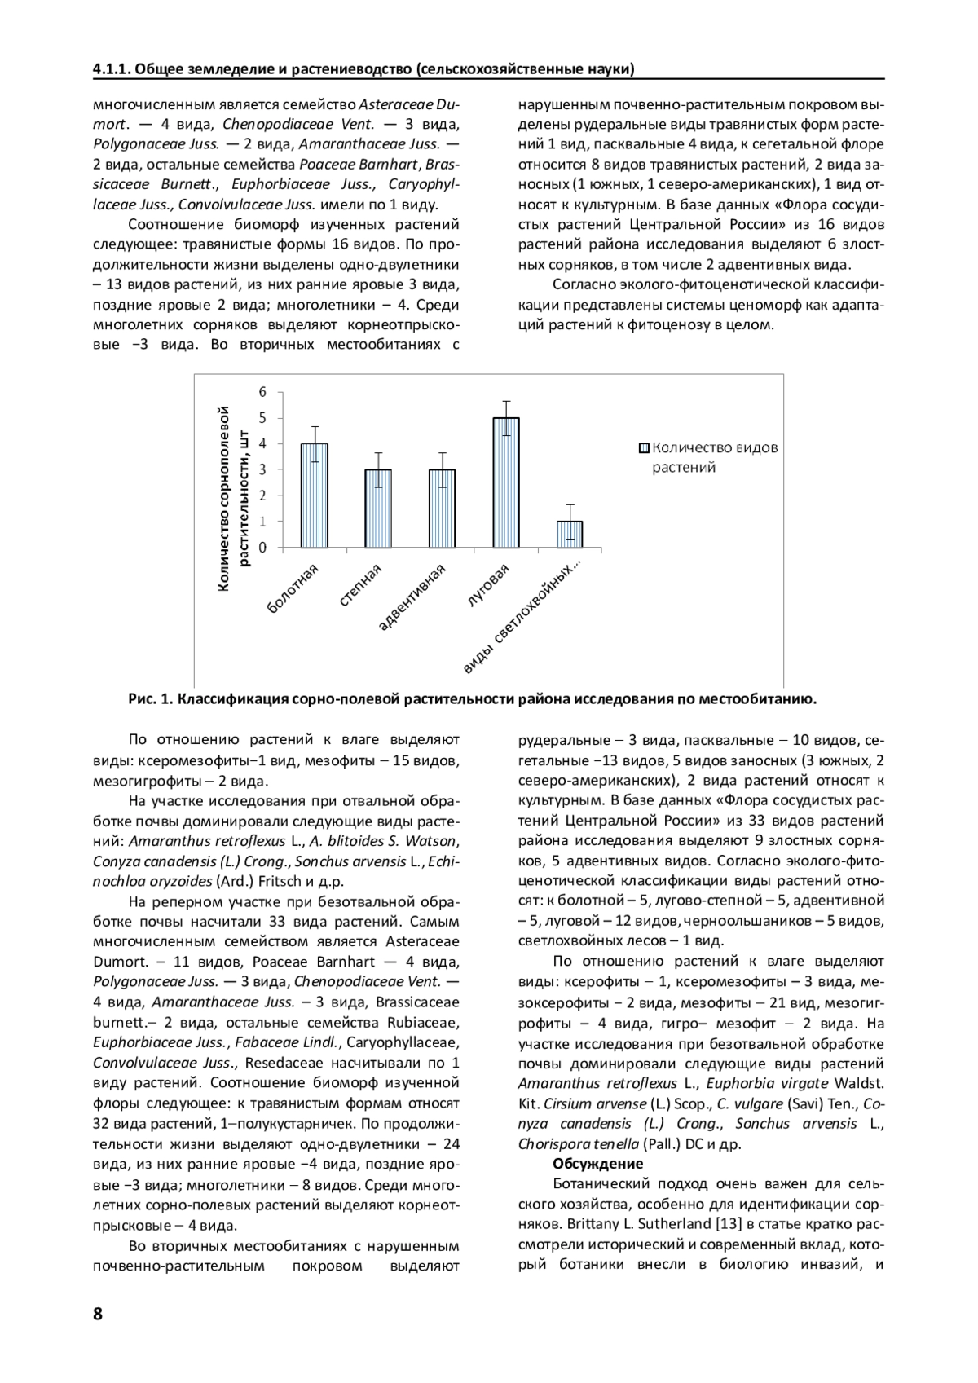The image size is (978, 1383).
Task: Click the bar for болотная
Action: pos(314,496)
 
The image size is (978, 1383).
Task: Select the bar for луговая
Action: pos(505,482)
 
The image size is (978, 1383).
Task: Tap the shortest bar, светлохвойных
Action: pos(569,534)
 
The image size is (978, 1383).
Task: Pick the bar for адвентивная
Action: pos(442,508)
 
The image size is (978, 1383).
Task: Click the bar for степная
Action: pos(378,508)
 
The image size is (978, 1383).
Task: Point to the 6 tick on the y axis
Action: pos(263,392)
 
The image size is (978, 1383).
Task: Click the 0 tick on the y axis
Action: pos(263,547)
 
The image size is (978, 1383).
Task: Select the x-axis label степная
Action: pos(360,587)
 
